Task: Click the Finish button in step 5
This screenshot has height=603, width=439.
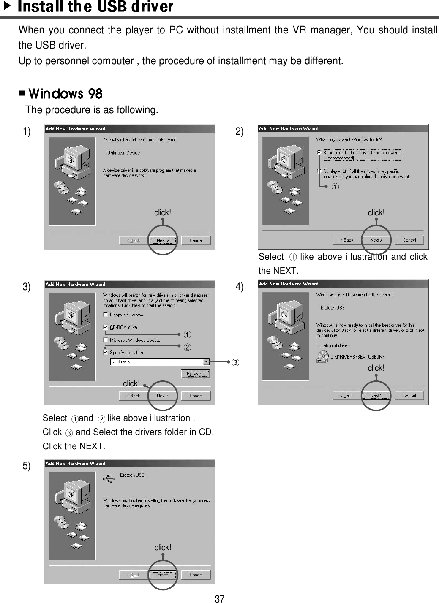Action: [163, 575]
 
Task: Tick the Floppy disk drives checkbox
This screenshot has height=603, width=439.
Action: [106, 315]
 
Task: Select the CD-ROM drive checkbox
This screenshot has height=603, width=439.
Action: [106, 327]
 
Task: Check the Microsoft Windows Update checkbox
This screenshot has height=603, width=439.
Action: [106, 340]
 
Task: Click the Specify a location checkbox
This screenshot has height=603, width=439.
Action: [106, 352]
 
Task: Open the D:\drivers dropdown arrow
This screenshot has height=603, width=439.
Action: [206, 361]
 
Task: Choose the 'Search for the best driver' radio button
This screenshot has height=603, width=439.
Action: [319, 152]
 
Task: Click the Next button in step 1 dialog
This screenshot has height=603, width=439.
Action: [163, 240]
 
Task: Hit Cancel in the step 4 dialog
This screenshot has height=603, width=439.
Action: [409, 395]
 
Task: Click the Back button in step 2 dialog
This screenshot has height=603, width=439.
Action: [346, 240]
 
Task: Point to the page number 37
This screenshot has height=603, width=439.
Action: [219, 598]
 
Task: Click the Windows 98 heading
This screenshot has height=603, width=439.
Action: [65, 93]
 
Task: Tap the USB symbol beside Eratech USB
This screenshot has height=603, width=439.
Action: [109, 478]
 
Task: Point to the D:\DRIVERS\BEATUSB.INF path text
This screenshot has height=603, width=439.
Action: [357, 357]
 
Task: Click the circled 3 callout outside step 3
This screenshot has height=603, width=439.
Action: [235, 362]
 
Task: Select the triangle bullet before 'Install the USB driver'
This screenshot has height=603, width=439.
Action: [6, 6]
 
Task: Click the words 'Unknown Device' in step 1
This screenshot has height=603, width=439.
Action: [123, 153]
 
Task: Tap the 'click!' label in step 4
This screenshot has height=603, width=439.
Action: [376, 368]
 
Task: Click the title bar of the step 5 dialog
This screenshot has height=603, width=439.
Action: [129, 463]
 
